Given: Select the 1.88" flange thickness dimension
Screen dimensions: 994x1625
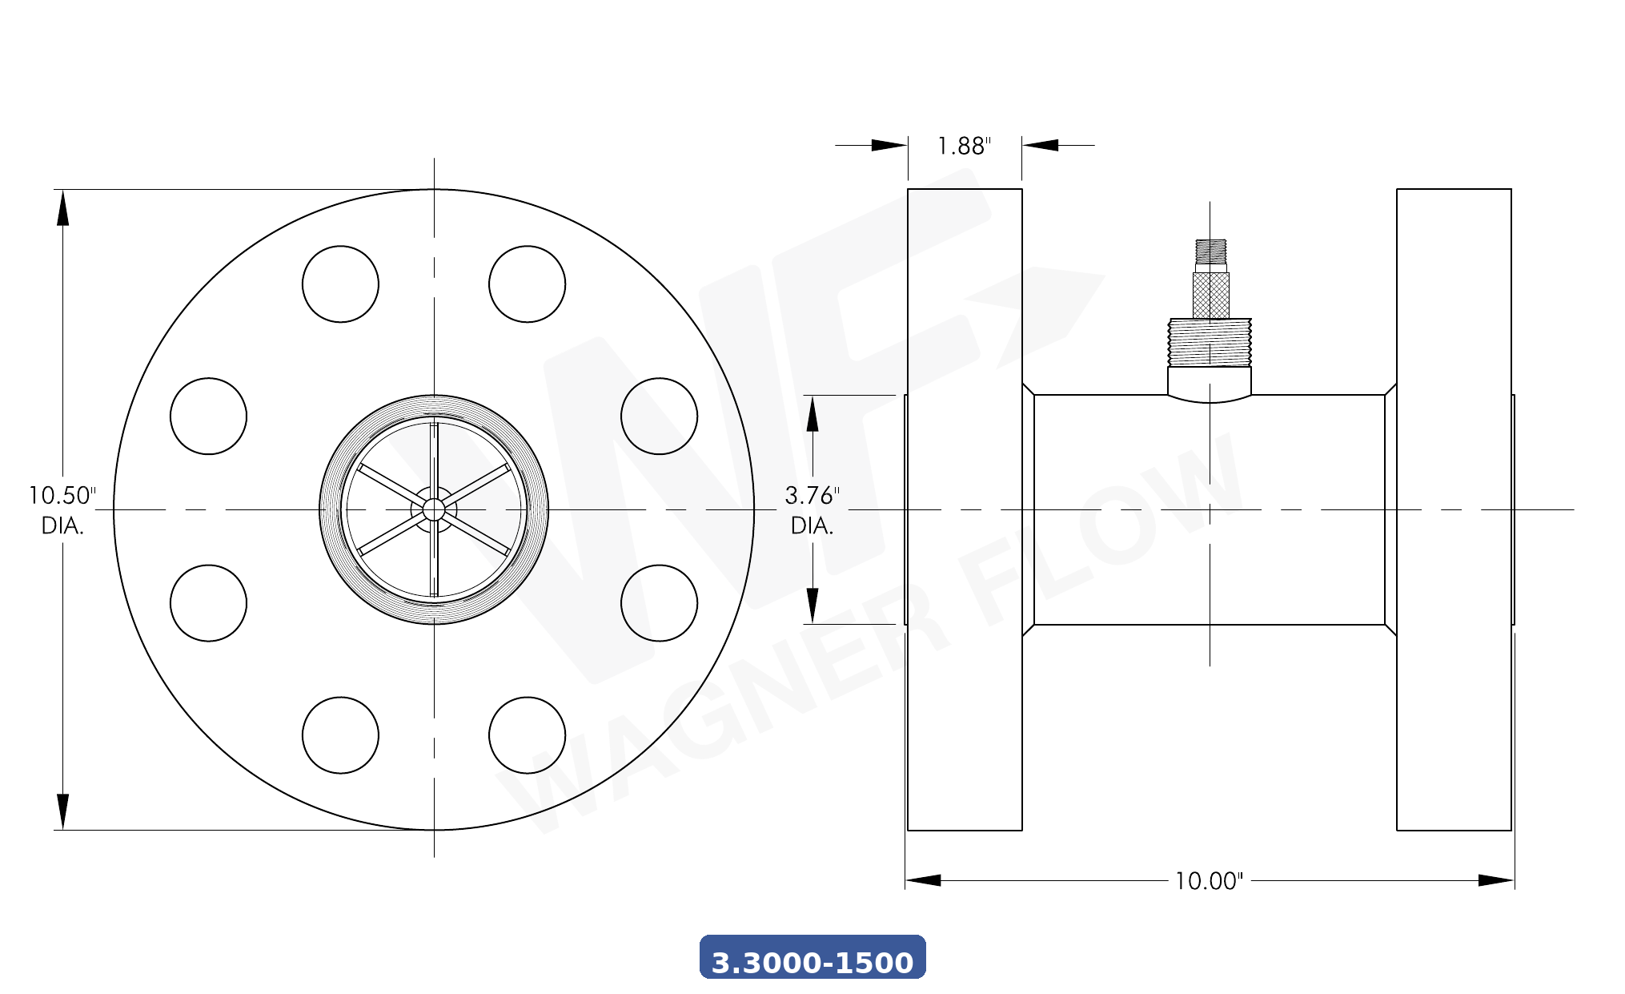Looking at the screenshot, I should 964,146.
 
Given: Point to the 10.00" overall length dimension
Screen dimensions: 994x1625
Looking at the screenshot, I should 1208,881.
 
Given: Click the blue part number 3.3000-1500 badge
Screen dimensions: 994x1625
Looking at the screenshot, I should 812,958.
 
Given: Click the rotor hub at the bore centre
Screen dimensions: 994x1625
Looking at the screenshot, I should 434,509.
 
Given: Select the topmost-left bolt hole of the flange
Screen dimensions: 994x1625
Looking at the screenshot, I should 340,284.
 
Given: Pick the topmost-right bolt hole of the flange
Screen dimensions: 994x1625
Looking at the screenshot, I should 527,284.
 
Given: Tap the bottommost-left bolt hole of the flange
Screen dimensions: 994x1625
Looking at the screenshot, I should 340,735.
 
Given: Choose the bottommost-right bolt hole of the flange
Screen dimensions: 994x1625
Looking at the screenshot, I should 527,735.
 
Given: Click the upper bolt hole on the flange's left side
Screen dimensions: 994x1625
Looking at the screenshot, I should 208,417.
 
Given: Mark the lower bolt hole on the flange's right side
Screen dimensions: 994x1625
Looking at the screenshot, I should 659,603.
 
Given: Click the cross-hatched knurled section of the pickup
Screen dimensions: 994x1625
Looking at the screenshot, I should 1210,295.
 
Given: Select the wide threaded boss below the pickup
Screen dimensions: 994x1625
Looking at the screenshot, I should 1210,343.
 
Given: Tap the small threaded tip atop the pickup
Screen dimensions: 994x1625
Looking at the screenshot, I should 1210,251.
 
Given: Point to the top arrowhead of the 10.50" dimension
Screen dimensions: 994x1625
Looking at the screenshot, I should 62,207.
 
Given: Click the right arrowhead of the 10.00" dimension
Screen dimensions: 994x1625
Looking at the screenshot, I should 1495,880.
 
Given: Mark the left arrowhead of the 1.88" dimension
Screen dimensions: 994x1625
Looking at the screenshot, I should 889,145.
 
